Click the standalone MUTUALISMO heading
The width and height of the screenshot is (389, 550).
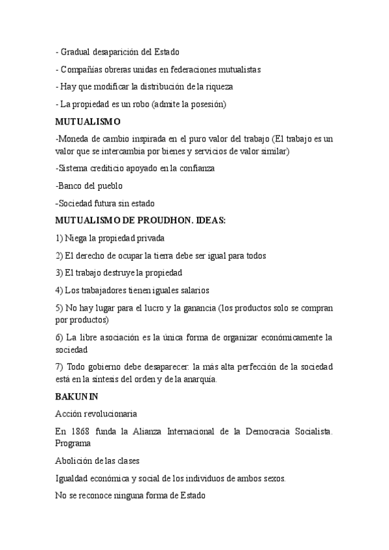click(88, 121)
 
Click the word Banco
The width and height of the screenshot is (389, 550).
click(71, 185)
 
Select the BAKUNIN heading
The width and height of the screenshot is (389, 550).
click(77, 395)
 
